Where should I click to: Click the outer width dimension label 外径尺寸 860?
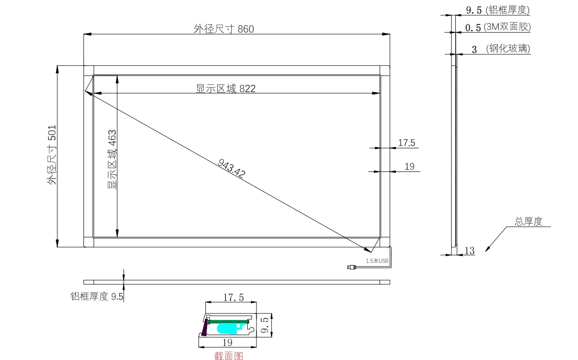click(x=224, y=29)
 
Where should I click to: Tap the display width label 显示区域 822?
click(x=226, y=89)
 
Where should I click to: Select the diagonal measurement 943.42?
click(x=232, y=168)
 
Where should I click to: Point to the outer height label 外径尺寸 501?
click(x=52, y=155)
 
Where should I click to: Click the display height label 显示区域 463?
click(x=112, y=159)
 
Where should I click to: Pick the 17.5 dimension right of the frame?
click(x=406, y=142)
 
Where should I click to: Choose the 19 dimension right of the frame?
click(x=410, y=166)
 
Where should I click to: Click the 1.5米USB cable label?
click(x=377, y=261)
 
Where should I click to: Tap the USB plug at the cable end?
click(x=352, y=267)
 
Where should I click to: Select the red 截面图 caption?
click(x=229, y=356)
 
